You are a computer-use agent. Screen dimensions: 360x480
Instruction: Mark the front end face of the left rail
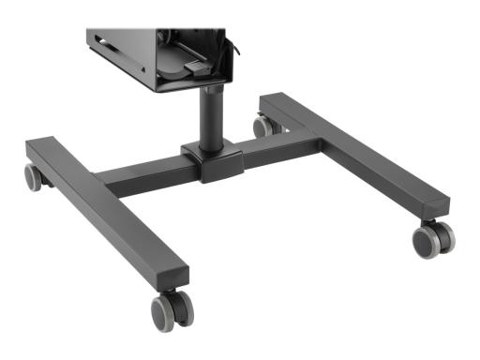(174, 276)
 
